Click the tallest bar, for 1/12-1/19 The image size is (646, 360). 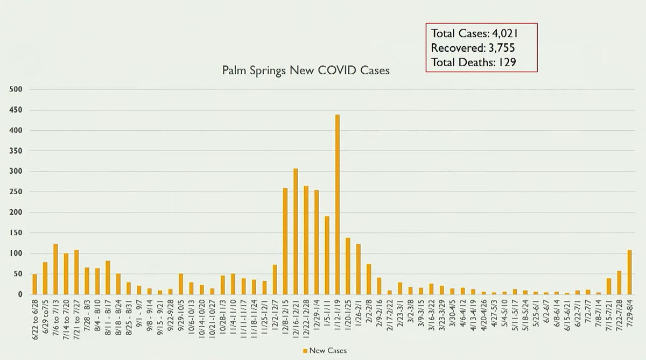338,204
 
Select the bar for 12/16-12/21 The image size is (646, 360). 296,231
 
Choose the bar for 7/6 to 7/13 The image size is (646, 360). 55,269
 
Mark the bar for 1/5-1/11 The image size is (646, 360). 327,255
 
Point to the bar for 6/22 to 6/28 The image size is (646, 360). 34,284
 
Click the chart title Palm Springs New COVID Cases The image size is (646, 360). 306,70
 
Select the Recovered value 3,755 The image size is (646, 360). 496,47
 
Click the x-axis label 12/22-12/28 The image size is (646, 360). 306,317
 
